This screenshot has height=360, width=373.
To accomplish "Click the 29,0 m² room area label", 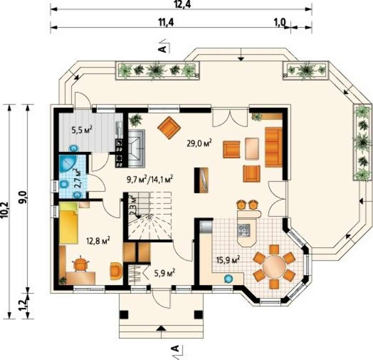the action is coord(199,143).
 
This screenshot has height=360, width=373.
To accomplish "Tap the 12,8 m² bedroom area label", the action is coord(98,241).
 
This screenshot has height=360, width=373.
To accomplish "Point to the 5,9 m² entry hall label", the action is coord(165,273).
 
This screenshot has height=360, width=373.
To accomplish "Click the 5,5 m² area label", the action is coord(82,130).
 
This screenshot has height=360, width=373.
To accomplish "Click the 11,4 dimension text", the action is coord(166,22).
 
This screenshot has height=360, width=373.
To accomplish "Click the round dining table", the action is coord(274,266).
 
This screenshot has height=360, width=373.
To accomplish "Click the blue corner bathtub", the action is coord(67,164).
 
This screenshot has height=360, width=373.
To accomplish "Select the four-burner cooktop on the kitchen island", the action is coord(244,230).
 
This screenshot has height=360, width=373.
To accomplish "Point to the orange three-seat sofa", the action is coord(273,147).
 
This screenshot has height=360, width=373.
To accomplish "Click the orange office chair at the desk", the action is coord(81,264).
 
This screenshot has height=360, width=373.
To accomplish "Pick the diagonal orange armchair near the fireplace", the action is coord(169,128).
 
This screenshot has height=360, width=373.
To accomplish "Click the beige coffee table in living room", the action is coord(252,148).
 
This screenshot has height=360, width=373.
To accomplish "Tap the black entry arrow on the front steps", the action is coord(162,328).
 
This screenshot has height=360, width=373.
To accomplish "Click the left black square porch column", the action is coord(124,315).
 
